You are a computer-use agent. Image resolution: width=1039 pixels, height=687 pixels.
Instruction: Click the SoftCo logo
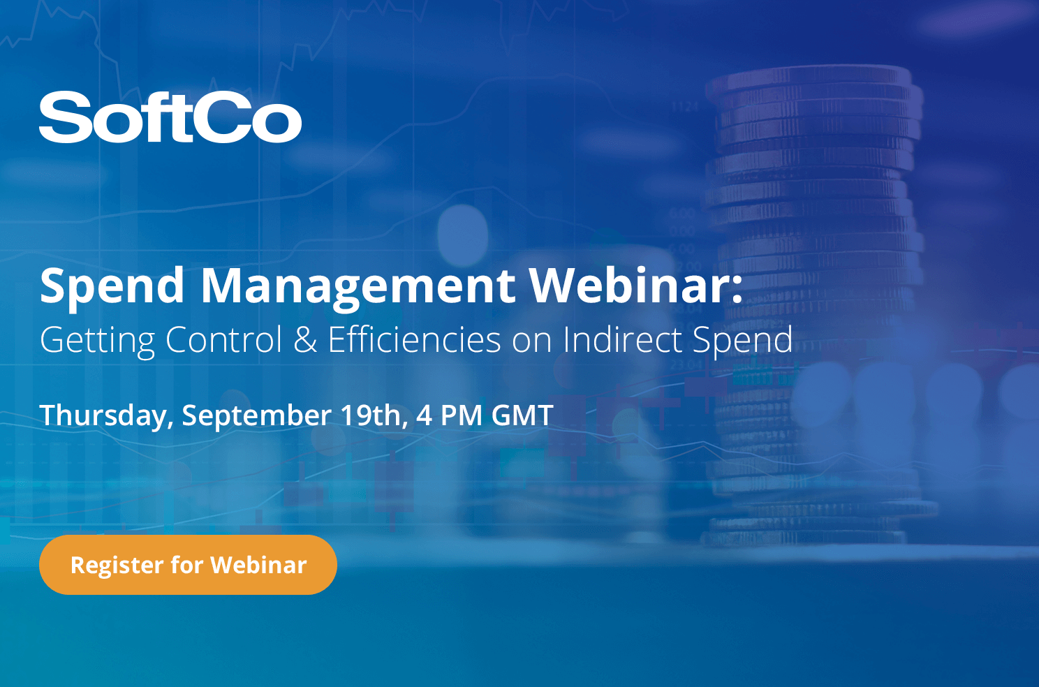click(170, 117)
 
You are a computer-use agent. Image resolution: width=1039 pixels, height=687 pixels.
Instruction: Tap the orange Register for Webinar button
click(188, 565)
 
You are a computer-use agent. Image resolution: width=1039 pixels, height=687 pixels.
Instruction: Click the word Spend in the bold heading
click(112, 287)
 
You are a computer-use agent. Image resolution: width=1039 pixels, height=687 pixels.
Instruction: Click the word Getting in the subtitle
click(98, 341)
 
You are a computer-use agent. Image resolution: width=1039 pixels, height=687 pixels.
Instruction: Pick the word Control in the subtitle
click(224, 339)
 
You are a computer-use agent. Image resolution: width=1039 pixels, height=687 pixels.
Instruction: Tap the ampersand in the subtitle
click(305, 339)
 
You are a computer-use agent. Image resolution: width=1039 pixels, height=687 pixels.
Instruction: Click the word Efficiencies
click(415, 339)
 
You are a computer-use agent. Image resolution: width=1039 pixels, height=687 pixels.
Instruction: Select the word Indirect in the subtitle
click(622, 339)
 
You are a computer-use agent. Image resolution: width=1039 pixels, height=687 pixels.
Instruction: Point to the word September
click(256, 415)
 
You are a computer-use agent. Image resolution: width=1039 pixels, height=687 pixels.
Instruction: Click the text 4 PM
click(449, 414)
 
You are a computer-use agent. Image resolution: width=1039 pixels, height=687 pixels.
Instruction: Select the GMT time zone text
click(522, 414)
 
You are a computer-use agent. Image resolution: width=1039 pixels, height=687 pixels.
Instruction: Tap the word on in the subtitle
click(532, 343)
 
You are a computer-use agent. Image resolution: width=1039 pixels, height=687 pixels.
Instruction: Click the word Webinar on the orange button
click(258, 565)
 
